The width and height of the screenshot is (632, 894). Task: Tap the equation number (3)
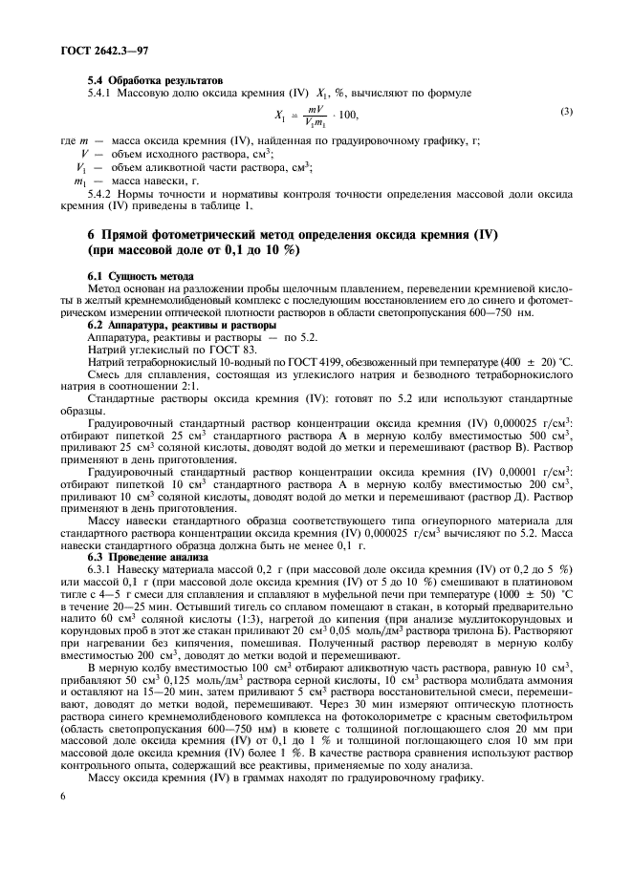pos(566,114)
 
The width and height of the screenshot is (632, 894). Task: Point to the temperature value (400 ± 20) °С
pos(529,362)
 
